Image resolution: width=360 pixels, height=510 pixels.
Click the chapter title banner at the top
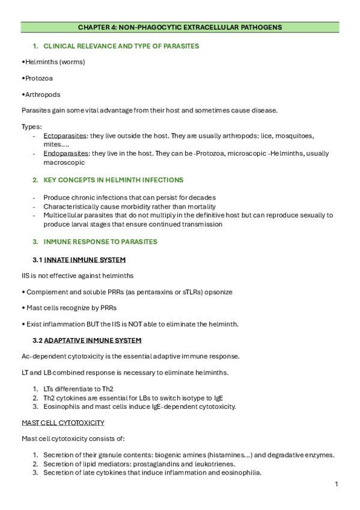(180, 27)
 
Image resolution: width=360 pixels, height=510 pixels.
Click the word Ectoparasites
(66, 136)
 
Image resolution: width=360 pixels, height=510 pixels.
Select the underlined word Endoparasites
(66, 153)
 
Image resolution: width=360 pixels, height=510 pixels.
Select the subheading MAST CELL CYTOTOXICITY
(63, 423)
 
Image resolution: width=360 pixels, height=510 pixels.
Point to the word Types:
(31, 127)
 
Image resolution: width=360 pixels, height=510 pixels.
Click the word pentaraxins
(145, 292)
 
